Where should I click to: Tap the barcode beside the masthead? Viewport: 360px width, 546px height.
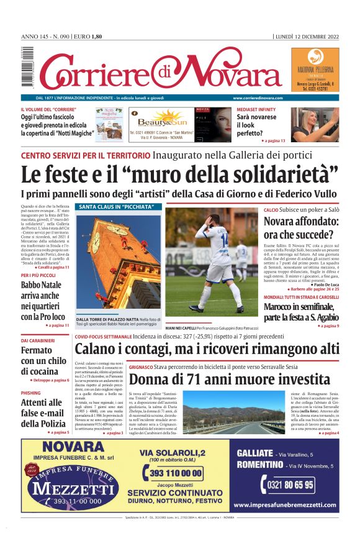click(x=25, y=68)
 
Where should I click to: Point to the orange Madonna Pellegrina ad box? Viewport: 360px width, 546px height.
click(x=315, y=70)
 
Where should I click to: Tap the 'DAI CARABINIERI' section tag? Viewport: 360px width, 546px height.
click(x=37, y=340)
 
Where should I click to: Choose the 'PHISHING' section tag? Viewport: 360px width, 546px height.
click(x=30, y=393)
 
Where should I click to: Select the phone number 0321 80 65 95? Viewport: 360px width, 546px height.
click(x=290, y=484)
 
